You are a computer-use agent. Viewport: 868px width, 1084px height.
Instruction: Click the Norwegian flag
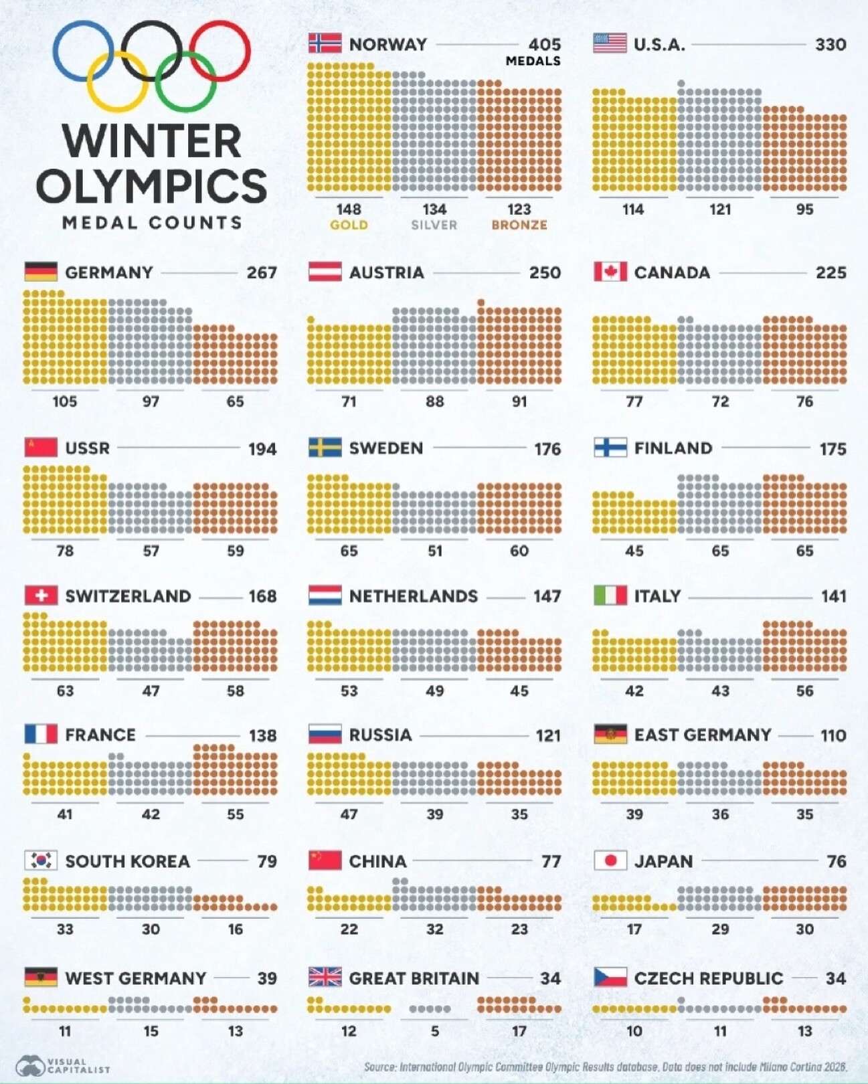tap(325, 43)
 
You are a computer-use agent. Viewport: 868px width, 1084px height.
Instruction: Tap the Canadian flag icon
tap(610, 272)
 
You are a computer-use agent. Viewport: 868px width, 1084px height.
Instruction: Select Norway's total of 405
tap(544, 44)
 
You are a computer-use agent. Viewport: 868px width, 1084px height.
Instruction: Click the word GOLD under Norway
tap(349, 225)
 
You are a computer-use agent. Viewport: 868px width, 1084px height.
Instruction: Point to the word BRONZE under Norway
tap(519, 225)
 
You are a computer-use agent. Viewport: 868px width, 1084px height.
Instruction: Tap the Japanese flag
tap(610, 861)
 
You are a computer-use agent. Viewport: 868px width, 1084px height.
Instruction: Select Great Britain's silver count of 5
tap(434, 1031)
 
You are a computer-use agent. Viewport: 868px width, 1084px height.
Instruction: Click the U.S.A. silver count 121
tap(720, 209)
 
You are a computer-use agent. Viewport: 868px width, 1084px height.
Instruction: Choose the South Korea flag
tap(41, 861)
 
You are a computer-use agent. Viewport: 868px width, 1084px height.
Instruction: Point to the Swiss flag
tap(41, 596)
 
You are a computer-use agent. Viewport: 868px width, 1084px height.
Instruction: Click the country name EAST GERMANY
tap(702, 735)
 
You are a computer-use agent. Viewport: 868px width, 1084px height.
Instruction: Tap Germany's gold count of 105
tap(65, 401)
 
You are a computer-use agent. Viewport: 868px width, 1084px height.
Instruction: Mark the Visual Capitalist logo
tap(63, 1065)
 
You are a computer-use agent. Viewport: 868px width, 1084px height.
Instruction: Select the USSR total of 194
tap(262, 449)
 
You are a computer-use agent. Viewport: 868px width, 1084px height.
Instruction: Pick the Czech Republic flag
tap(610, 978)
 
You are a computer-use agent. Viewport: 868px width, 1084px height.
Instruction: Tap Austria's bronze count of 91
tap(519, 401)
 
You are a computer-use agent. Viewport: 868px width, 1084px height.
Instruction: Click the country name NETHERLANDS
tap(413, 596)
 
